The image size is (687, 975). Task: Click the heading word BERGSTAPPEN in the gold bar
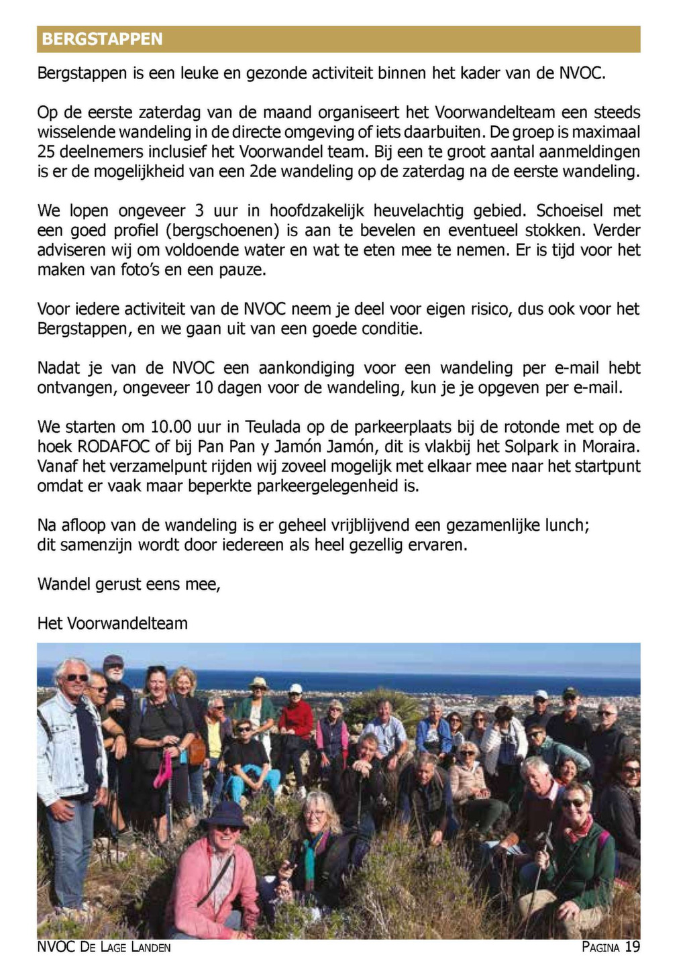click(102, 39)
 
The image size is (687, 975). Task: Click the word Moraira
click(613, 447)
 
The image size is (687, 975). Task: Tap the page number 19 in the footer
click(632, 947)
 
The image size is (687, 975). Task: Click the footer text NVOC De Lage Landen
click(104, 947)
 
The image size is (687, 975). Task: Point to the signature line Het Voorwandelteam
click(112, 623)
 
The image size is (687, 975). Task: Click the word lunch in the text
click(567, 525)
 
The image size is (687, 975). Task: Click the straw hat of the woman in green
click(258, 683)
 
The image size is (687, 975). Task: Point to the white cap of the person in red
click(295, 688)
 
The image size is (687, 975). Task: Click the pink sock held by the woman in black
click(162, 769)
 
